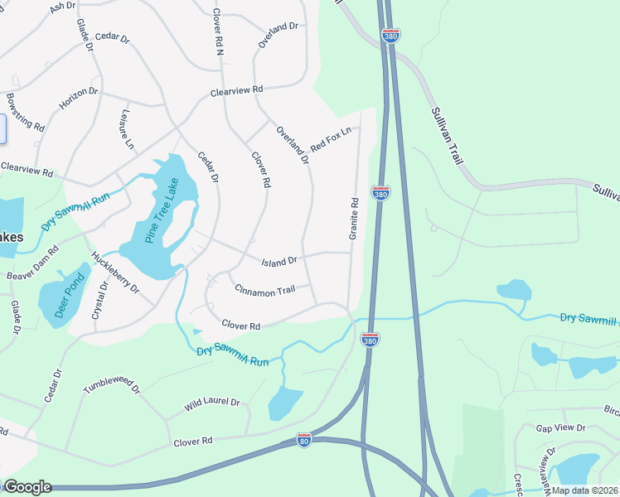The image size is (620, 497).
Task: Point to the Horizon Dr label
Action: (79, 99)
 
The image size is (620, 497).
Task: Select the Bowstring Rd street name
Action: (25, 112)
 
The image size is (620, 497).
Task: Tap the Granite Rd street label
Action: (354, 220)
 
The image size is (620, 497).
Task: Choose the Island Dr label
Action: (279, 262)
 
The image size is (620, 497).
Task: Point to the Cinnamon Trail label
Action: (265, 290)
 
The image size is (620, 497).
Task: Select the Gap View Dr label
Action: (560, 428)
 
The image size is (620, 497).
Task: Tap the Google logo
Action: (27, 486)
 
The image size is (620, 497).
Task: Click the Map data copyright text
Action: (584, 490)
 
